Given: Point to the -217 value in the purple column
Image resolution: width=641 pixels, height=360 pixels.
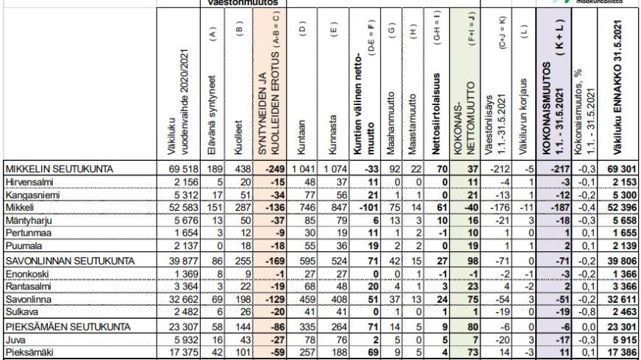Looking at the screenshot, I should [553, 170].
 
